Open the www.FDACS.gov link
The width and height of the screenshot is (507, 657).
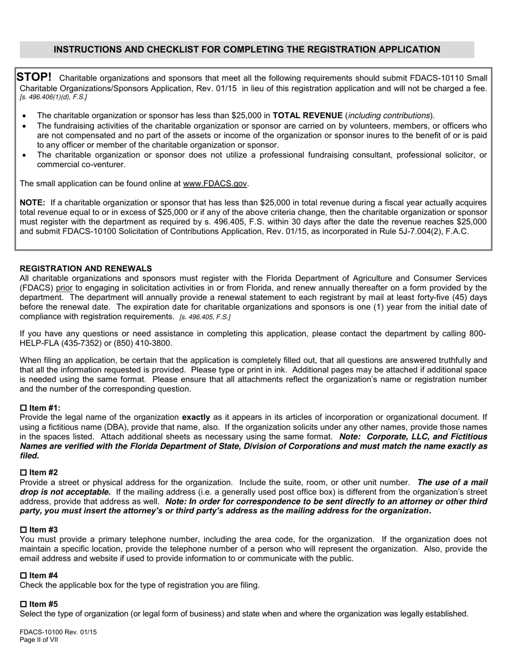point(215,184)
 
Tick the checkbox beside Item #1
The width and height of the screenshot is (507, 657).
point(23,408)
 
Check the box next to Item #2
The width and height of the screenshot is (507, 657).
point(23,473)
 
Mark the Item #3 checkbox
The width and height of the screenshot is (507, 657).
point(23,530)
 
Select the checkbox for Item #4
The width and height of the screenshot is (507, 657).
point(23,576)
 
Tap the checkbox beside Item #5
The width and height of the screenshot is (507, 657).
point(23,604)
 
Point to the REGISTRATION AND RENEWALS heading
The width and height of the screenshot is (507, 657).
point(85,269)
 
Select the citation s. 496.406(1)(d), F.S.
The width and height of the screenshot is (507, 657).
point(53,97)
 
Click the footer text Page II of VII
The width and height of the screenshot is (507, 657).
point(38,640)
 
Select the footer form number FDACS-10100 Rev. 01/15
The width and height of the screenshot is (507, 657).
point(58,632)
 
